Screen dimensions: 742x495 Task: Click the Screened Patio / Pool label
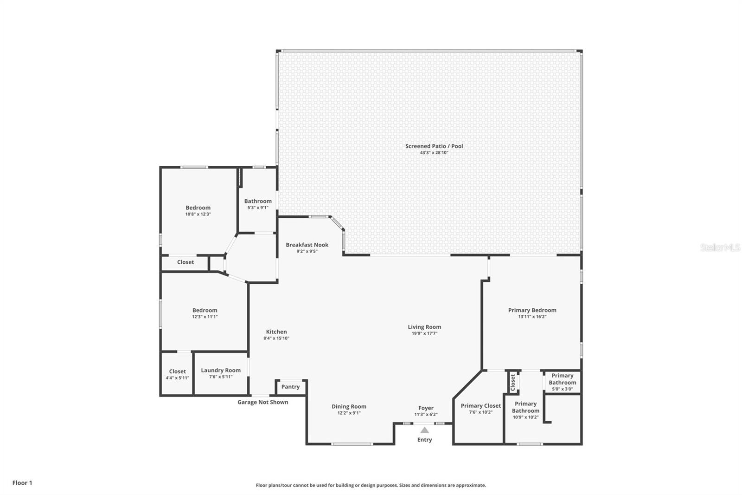point(434,146)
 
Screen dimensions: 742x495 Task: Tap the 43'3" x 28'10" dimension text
point(434,153)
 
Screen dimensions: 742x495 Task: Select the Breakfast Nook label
point(307,245)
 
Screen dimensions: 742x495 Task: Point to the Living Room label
point(424,327)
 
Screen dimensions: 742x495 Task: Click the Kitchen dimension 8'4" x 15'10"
point(276,338)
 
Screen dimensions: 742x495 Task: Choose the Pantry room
point(290,387)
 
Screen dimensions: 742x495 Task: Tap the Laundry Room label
point(221,370)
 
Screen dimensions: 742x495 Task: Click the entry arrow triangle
point(425,430)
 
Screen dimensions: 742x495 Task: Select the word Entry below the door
point(425,440)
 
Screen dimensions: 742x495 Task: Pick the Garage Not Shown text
point(262,402)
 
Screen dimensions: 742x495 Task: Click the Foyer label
point(426,408)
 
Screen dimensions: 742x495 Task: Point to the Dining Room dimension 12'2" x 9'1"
point(349,413)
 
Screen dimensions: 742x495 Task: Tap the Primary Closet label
point(480,406)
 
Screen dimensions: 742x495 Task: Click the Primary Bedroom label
point(532,310)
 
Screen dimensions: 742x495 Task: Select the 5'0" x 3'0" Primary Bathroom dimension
point(563,389)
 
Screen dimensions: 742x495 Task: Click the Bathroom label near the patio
point(258,201)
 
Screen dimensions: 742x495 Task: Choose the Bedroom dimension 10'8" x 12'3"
point(198,215)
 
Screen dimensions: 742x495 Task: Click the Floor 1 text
point(22,483)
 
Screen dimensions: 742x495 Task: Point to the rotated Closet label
point(513,383)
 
